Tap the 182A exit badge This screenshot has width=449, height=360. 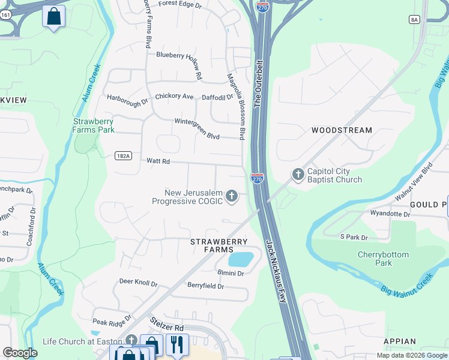[x=122, y=155]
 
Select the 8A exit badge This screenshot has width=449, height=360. [x=414, y=20]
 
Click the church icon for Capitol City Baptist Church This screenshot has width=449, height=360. [x=297, y=175]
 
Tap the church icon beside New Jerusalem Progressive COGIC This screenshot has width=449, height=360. [x=232, y=196]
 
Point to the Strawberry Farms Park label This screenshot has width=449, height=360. [x=94, y=125]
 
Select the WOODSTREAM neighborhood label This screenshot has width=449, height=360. [x=342, y=130]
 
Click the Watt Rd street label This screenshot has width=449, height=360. [x=158, y=161]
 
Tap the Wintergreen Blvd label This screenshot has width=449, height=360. [x=197, y=121]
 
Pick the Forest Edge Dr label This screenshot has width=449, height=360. [x=180, y=4]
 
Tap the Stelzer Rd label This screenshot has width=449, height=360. [x=167, y=328]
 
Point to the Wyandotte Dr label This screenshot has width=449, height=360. [x=390, y=213]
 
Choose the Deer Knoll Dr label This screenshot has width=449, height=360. [x=138, y=282]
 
